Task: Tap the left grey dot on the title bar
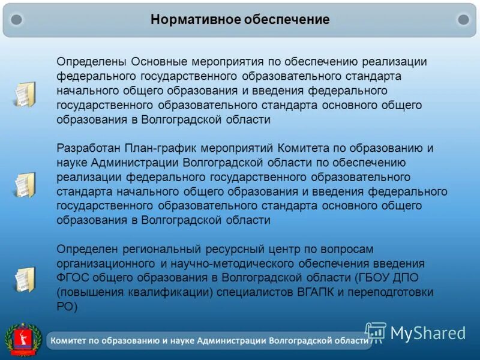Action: click(x=17, y=20)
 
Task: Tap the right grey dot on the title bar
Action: click(x=463, y=20)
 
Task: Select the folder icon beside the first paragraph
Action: click(x=25, y=94)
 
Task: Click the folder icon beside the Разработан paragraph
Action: click(x=25, y=184)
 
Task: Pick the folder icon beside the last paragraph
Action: click(x=25, y=279)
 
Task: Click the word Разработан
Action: click(x=89, y=148)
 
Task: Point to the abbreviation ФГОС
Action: click(x=72, y=278)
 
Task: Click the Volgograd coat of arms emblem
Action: click(x=23, y=339)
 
